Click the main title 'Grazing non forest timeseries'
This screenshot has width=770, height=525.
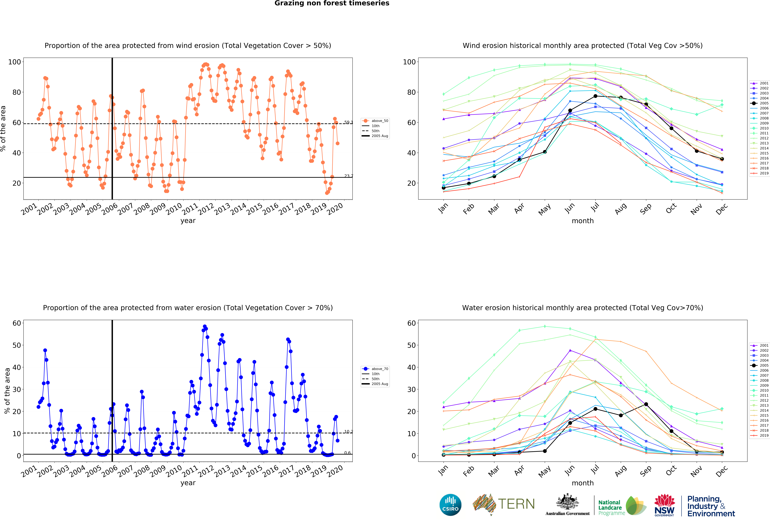(x=332, y=3)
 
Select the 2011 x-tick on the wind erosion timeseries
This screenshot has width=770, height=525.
(x=190, y=209)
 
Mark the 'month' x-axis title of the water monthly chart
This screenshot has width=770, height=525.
(x=582, y=483)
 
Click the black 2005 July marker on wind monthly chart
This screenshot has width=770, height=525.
(x=595, y=96)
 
